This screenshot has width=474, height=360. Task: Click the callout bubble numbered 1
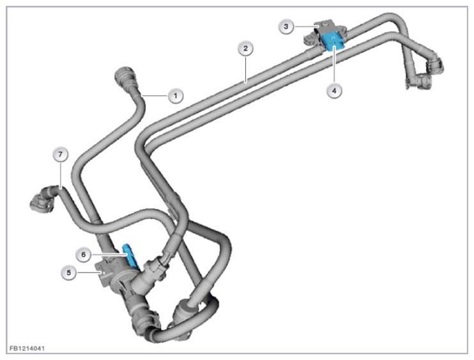click(176, 96)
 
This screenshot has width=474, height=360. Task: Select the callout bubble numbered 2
click(245, 49)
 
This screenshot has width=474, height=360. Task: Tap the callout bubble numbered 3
click(286, 27)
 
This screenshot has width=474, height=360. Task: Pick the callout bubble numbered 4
click(334, 90)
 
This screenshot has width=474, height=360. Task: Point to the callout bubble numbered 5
click(69, 272)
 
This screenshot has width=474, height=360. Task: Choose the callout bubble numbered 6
click(84, 254)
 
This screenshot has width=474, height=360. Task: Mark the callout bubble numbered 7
click(61, 154)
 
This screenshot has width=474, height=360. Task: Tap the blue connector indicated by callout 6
click(130, 256)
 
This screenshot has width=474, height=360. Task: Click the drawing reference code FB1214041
click(27, 348)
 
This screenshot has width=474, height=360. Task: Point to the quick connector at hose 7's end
click(42, 200)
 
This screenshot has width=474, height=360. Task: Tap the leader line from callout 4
click(334, 65)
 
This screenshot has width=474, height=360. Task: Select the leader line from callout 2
click(246, 69)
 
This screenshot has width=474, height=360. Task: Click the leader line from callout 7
click(61, 175)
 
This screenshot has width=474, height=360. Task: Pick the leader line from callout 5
click(89, 272)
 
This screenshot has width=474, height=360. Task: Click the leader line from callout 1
click(155, 96)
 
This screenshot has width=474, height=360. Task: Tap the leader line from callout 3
click(306, 27)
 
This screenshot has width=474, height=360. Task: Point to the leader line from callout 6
click(109, 254)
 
